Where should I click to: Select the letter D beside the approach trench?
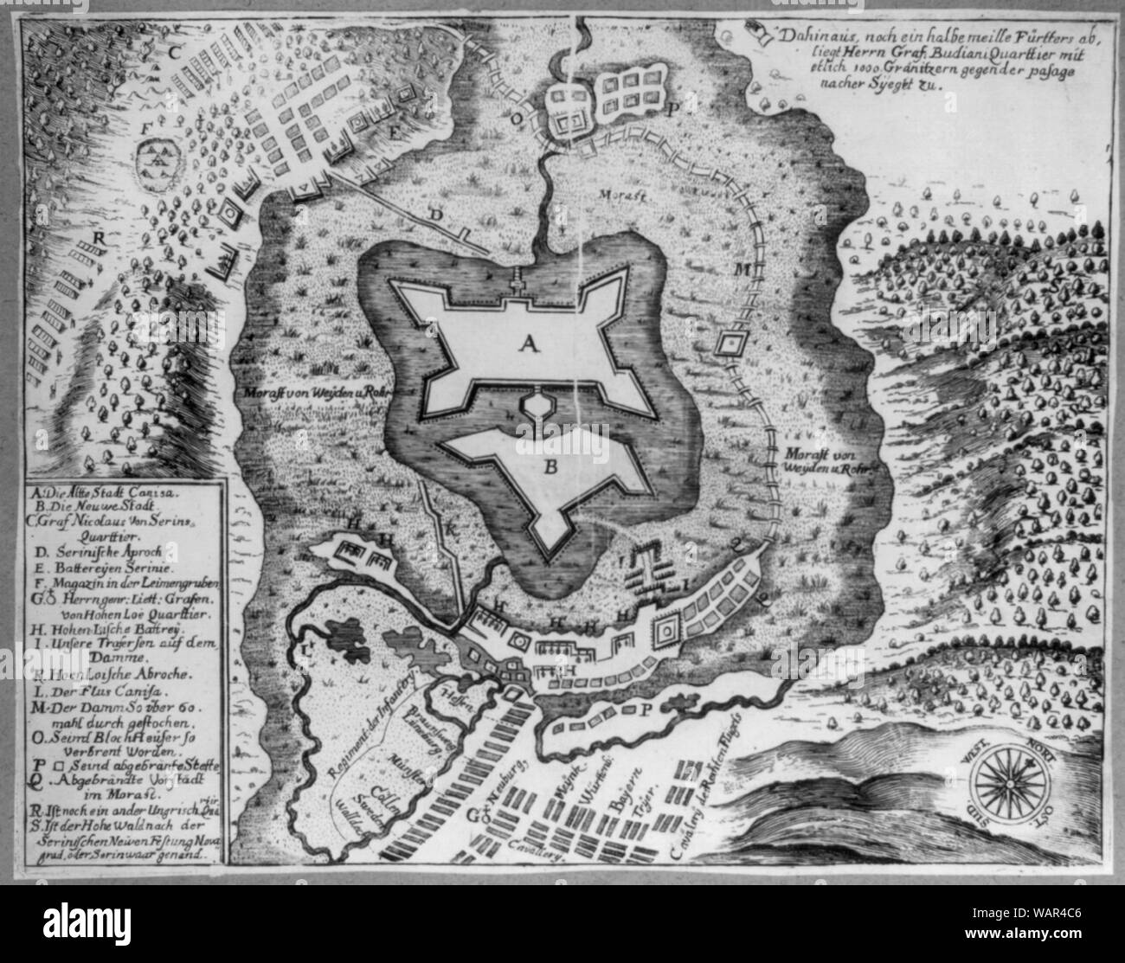click(x=436, y=213)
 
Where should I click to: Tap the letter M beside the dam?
click(x=741, y=269)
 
